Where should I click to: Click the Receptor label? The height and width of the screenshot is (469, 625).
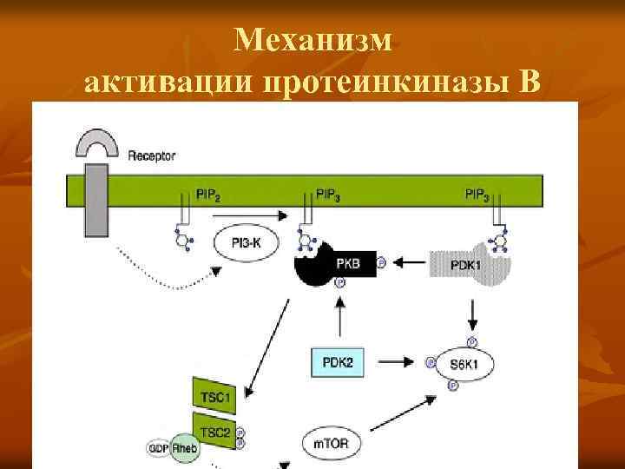coord(152,156)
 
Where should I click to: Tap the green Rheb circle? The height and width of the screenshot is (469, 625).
coord(183,446)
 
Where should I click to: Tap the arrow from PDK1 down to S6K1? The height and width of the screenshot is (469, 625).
coord(471,311)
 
